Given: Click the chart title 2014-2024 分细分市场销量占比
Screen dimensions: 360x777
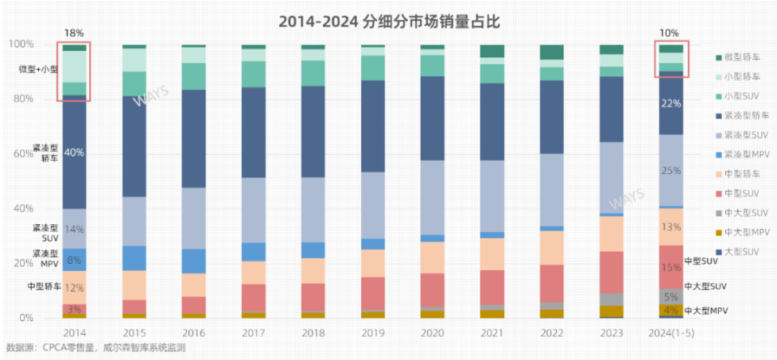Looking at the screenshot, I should (388, 22).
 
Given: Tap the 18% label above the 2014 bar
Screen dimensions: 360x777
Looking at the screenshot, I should (74, 32).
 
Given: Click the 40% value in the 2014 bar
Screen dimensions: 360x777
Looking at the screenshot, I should (74, 152).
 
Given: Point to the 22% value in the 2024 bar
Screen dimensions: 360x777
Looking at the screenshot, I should (671, 104).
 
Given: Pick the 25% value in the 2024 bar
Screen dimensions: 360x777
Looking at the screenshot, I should (671, 171).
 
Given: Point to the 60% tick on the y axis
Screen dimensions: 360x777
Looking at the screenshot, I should (23, 153).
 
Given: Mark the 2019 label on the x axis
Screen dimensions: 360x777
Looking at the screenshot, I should (372, 333).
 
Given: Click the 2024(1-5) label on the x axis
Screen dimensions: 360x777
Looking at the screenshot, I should (671, 333).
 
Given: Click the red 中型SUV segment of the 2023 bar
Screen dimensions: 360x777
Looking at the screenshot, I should (611, 272).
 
